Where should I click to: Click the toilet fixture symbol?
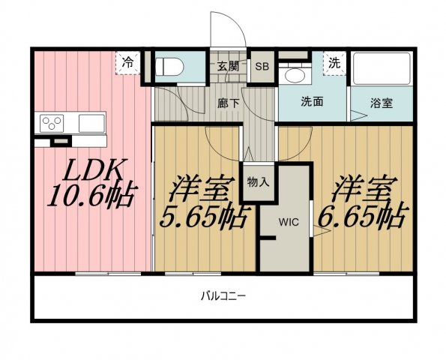(x=169, y=67)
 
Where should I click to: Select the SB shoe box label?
(x=262, y=67)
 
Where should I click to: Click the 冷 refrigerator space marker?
(x=127, y=63)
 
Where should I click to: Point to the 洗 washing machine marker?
(x=334, y=63)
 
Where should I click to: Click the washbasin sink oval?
(x=295, y=76)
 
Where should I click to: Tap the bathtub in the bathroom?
(x=382, y=68)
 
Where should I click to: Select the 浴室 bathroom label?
(x=381, y=103)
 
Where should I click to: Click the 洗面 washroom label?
(x=312, y=101)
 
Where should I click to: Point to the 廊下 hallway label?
(x=228, y=103)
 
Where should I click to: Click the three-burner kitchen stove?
(x=52, y=123)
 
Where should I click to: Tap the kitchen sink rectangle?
(x=91, y=123)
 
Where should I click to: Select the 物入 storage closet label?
(x=258, y=182)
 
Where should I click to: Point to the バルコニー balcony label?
(x=223, y=296)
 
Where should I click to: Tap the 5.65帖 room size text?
(x=203, y=216)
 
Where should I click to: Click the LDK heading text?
(x=93, y=170)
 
